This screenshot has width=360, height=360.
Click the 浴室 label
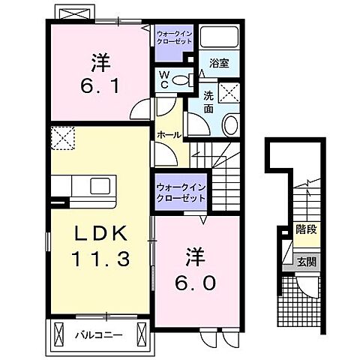[x=219, y=64]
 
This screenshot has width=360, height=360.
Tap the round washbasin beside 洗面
[x=230, y=124]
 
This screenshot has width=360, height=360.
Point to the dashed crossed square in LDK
[x=61, y=136]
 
